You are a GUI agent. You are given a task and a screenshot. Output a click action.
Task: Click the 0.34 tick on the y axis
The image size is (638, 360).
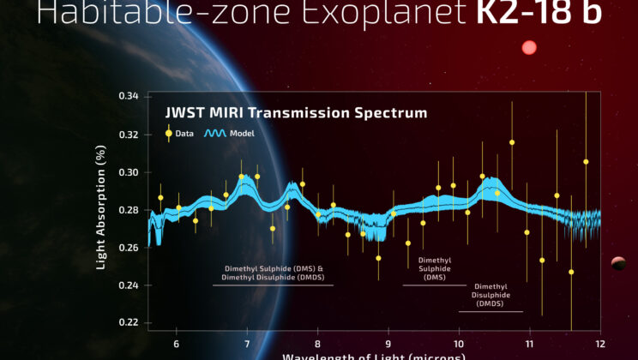click(128, 97)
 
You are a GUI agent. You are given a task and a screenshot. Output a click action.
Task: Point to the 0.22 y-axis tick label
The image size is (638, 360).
click(128, 322)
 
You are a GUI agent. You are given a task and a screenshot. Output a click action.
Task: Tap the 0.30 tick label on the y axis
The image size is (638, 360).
click(128, 172)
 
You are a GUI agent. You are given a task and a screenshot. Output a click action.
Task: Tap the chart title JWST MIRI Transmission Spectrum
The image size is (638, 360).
click(296, 113)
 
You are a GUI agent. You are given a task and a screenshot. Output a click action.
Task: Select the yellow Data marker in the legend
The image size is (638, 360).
click(170, 133)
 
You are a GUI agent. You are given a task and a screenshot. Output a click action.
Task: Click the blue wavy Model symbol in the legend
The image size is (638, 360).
click(214, 133)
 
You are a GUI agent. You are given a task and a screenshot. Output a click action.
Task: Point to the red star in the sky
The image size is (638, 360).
click(529, 48)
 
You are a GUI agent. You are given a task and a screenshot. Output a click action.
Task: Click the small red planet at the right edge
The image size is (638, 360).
click(617, 262)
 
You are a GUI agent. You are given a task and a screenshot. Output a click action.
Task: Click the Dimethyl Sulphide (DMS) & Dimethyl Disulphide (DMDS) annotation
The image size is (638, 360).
click(273, 273)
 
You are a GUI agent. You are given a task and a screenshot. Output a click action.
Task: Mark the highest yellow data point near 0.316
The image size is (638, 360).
click(512, 142)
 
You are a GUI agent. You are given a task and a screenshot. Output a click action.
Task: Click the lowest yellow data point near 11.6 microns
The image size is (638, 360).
click(571, 272)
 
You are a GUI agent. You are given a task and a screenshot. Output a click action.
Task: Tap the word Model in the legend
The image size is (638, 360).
click(241, 134)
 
